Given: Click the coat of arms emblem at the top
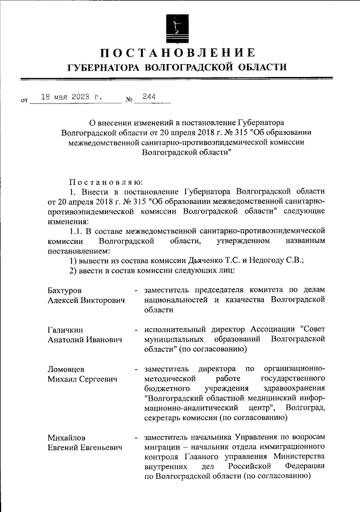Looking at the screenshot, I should pyautogui.click(x=177, y=26).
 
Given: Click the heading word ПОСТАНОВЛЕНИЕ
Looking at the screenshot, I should pyautogui.click(x=177, y=53).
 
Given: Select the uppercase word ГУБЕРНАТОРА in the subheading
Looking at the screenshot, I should pyautogui.click(x=102, y=68).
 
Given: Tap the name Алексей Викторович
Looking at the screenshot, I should pyautogui.click(x=85, y=300).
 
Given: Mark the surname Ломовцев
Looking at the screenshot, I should pyautogui.click(x=66, y=369).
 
